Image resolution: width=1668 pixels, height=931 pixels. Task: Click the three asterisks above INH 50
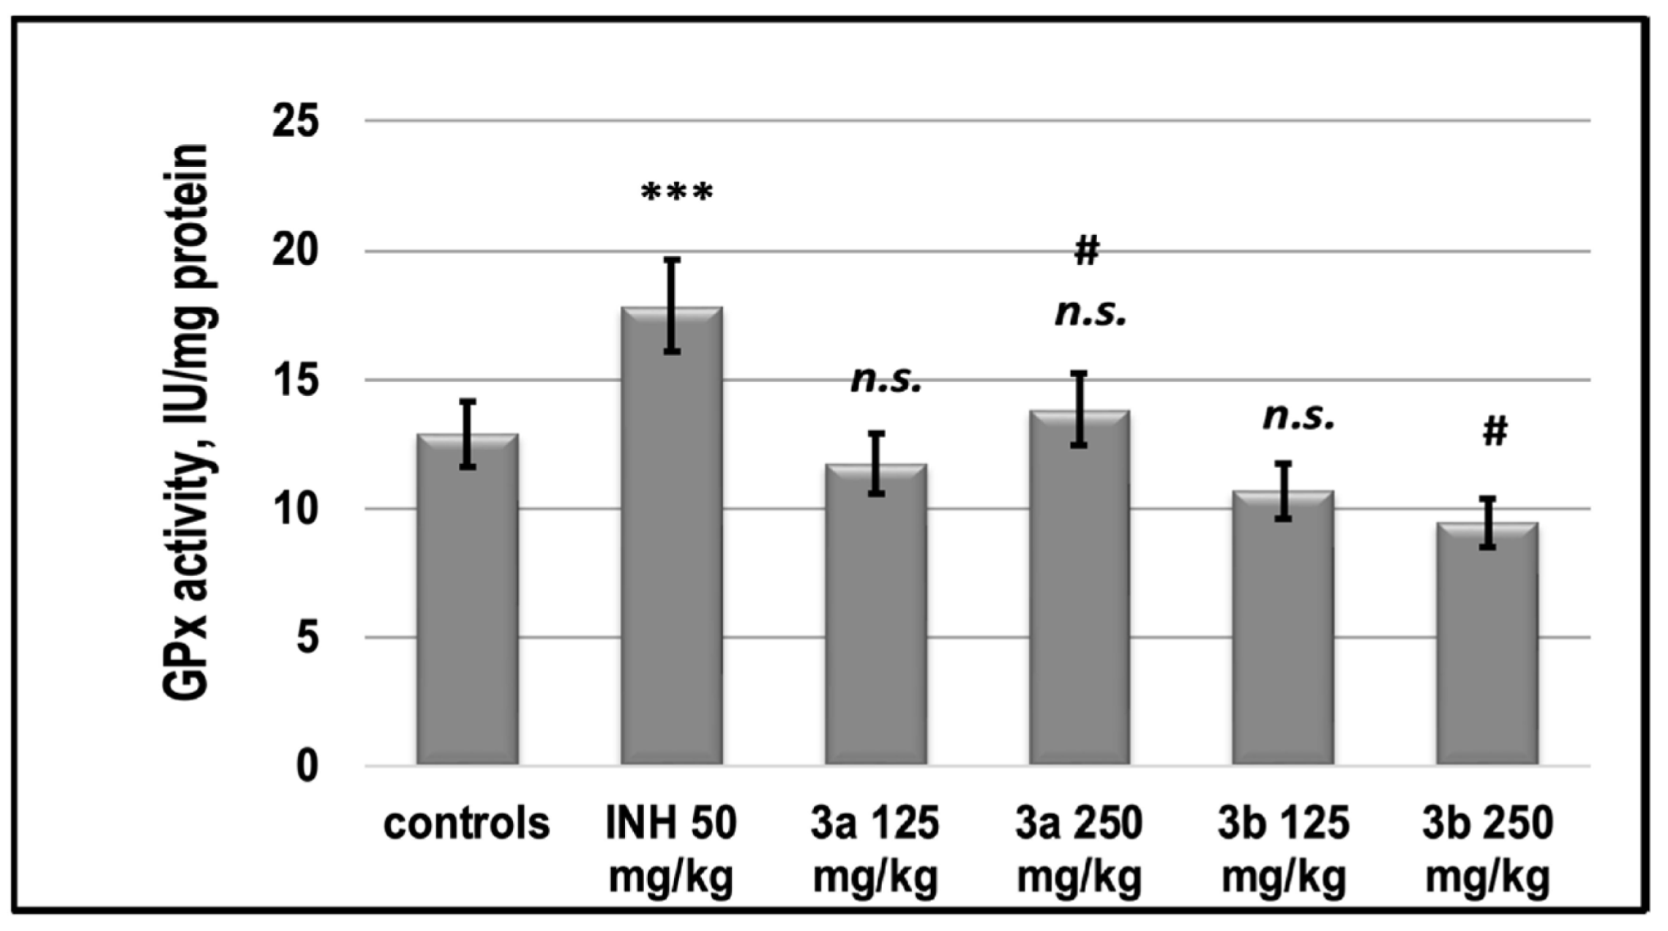coord(676,193)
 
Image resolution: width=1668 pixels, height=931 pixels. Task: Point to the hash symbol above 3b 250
coord(1495,432)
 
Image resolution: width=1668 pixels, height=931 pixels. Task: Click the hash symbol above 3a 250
coord(1086,251)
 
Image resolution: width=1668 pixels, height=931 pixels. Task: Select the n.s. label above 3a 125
coord(886,380)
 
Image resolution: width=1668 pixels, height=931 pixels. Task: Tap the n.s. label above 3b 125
coord(1299,416)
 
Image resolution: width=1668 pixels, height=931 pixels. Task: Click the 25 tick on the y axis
coord(296,121)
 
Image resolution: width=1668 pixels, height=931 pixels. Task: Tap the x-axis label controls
coord(466,823)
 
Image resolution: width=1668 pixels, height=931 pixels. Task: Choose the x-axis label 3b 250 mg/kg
coord(1487,849)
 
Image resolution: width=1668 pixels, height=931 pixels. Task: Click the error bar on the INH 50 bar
coord(673,305)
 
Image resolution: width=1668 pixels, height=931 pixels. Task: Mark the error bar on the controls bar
coord(468,433)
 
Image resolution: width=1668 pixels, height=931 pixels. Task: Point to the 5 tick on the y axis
coord(307,638)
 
